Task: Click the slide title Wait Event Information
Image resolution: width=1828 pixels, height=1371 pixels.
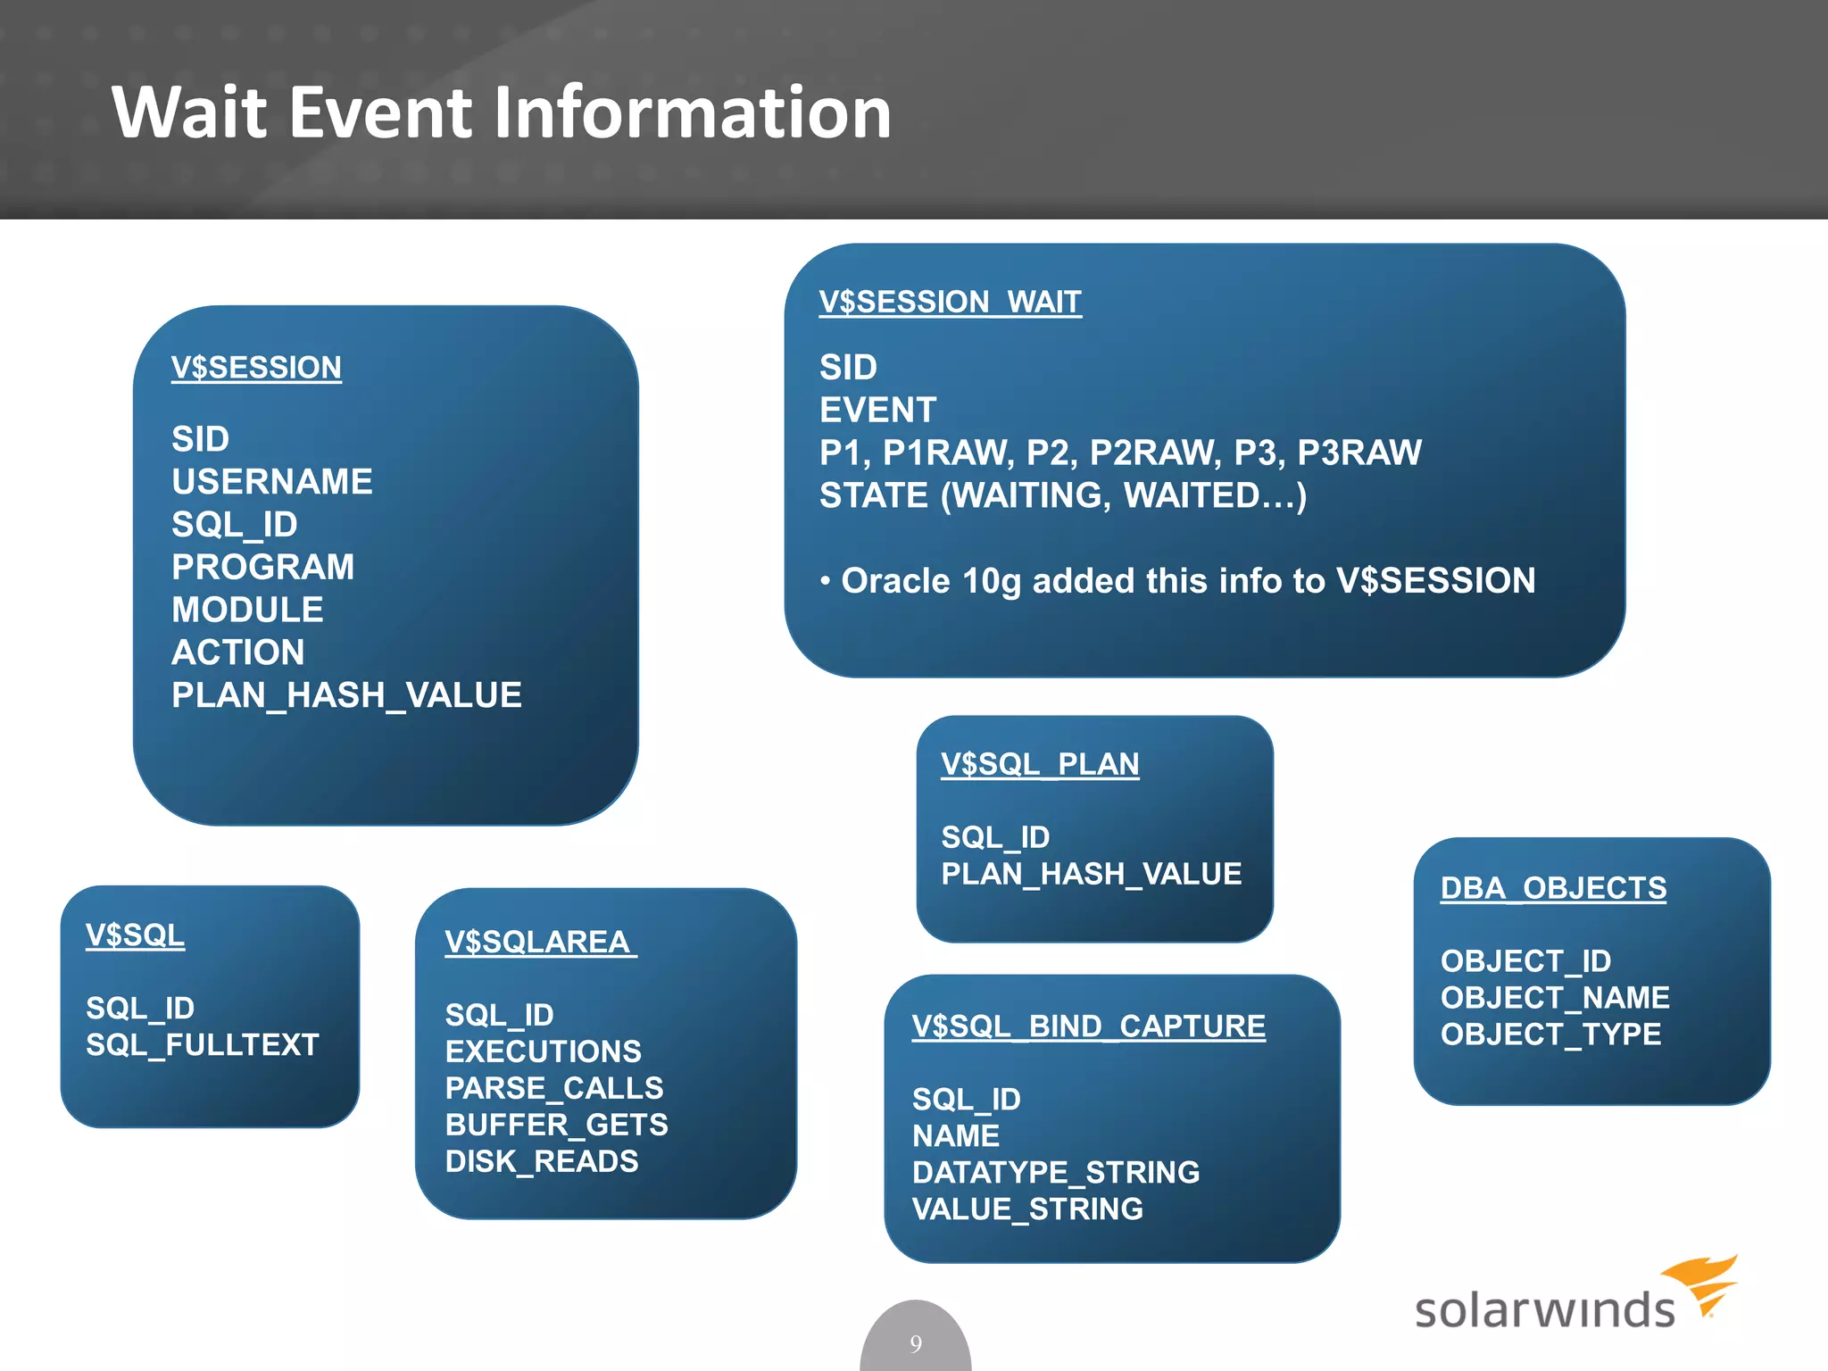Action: (x=501, y=112)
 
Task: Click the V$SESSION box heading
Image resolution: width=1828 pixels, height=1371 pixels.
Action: (x=256, y=368)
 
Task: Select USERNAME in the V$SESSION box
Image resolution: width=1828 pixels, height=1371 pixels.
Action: (x=272, y=482)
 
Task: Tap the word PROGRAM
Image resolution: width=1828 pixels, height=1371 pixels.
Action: (x=263, y=568)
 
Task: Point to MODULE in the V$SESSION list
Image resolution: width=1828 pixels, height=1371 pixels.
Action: (x=247, y=611)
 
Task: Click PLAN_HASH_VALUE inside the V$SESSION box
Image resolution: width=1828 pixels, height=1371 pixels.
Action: (x=346, y=695)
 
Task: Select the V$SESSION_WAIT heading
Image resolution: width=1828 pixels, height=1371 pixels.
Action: (x=950, y=303)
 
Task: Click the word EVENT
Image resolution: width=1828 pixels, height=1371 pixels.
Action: (x=877, y=411)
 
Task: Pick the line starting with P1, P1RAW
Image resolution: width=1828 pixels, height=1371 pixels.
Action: (x=1120, y=453)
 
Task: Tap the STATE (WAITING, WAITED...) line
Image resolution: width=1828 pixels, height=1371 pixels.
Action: (x=1063, y=496)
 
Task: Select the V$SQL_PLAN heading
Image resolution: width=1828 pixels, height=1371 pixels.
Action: (x=1040, y=765)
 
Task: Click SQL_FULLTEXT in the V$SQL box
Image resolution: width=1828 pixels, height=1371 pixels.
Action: (x=203, y=1045)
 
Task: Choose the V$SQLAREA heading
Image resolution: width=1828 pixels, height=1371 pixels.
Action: (x=538, y=943)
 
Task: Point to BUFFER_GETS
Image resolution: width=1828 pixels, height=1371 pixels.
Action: (x=556, y=1125)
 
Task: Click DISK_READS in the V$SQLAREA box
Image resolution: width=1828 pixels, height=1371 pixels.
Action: (x=542, y=1161)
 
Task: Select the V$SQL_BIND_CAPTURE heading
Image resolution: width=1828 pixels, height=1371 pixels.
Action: (x=1089, y=1026)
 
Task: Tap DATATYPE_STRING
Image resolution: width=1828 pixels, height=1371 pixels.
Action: (x=1056, y=1173)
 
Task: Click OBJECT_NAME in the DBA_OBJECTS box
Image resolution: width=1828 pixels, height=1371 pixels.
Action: (x=1555, y=998)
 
